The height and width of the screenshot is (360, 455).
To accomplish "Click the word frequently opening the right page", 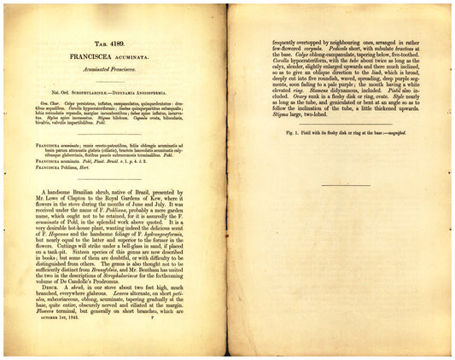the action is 287,41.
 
